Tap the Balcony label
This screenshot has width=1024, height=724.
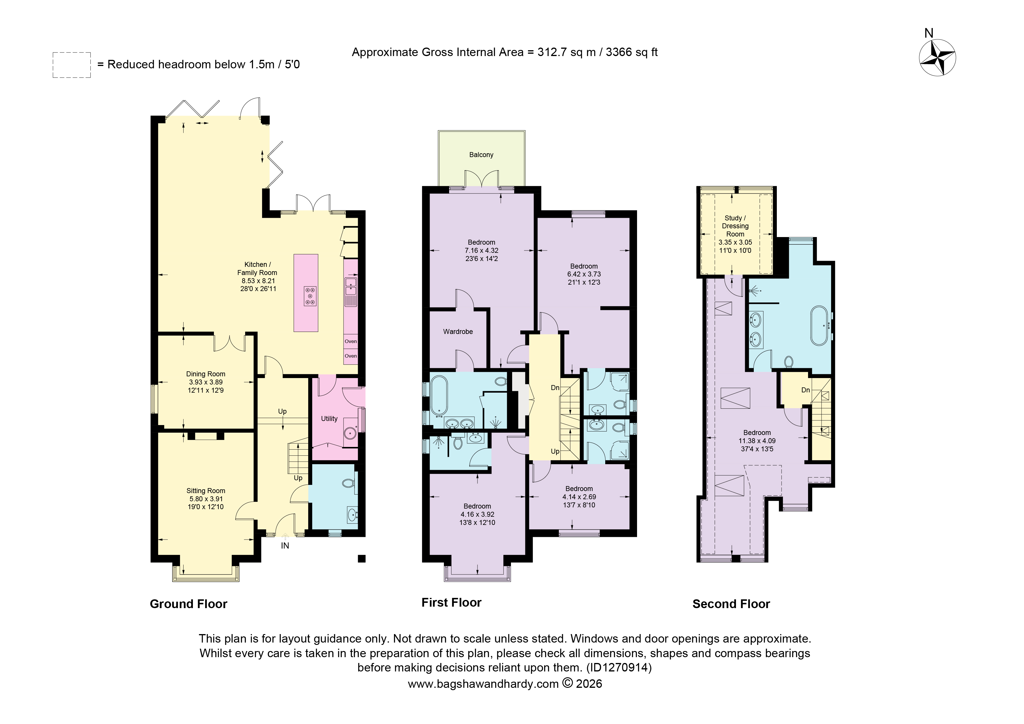coord(481,155)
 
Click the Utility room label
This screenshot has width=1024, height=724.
coord(329,418)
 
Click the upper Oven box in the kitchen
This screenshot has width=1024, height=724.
coord(350,341)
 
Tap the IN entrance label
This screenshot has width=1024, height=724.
coord(285,546)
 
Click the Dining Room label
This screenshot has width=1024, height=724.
coord(206,374)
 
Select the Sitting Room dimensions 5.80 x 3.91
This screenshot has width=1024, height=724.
coord(206,499)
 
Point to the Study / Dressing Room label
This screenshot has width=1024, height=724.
coord(735,226)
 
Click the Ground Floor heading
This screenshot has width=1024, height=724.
coord(189,604)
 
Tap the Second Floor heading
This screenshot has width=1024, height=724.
coord(731,604)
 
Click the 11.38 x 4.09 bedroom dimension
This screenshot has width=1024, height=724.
coord(757,441)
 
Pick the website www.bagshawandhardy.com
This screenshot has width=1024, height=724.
coord(483,684)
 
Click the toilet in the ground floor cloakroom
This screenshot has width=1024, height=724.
coord(348,483)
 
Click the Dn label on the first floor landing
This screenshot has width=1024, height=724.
coord(555,388)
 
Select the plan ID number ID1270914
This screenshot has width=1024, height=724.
coord(619,668)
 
